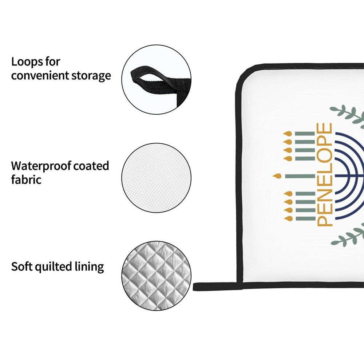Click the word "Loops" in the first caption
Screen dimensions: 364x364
click(x=28, y=62)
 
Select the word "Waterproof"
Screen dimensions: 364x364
click(x=40, y=166)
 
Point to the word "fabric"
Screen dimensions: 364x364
click(x=26, y=179)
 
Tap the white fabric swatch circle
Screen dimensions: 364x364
click(x=156, y=177)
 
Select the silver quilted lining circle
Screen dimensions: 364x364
click(x=156, y=276)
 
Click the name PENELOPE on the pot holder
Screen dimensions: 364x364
click(x=325, y=175)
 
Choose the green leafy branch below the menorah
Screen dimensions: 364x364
click(x=348, y=237)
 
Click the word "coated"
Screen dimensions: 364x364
click(x=91, y=166)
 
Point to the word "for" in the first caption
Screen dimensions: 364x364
click(x=53, y=62)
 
